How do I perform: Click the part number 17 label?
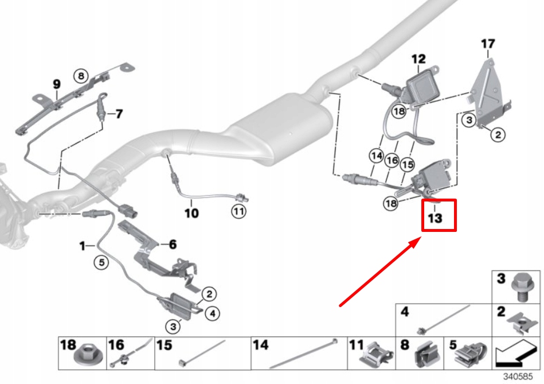coord(487,44)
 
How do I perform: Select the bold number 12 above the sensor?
coord(418,59)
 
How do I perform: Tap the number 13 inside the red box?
coord(435,219)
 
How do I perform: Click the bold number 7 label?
coord(119,114)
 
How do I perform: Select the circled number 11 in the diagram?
coord(238,212)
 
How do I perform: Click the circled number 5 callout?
coord(101,263)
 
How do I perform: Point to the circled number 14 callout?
coord(375,155)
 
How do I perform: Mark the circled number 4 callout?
coord(212,313)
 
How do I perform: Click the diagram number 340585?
coord(518,377)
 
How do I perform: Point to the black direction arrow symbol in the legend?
coord(516,355)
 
